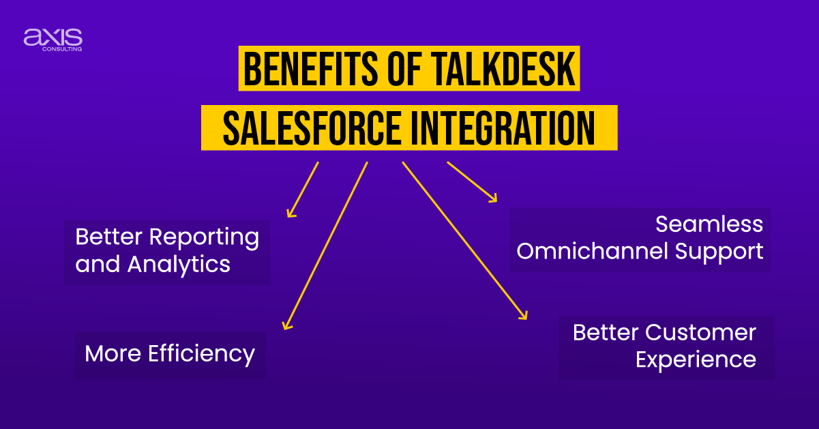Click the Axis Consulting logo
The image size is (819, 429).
coord(53,38)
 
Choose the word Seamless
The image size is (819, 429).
coord(709,224)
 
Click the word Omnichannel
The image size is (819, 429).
coord(593,251)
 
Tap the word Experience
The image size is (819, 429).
coord(696,359)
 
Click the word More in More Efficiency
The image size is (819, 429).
coord(108,353)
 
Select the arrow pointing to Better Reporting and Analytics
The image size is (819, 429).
coord(303,189)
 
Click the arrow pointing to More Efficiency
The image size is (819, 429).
coord(325,246)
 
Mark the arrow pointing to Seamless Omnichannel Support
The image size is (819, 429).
coord(471,181)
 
